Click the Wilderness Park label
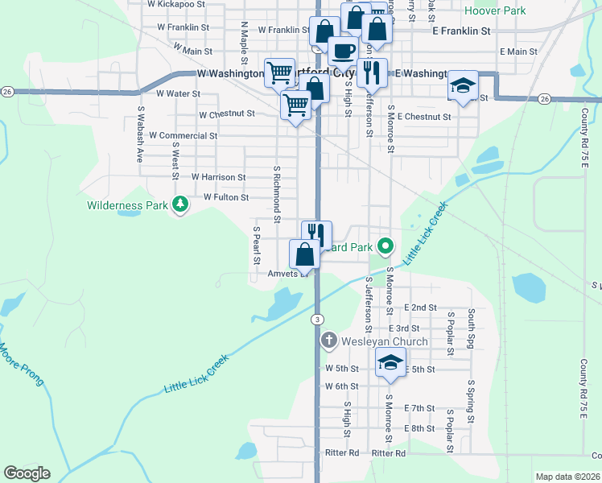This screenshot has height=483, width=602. (127, 205)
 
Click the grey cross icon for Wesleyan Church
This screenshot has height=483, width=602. (328, 342)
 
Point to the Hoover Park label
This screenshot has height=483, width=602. (496, 11)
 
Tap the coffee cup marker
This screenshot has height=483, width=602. (343, 51)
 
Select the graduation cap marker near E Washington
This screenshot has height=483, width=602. (463, 85)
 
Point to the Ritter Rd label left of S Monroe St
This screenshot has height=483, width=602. (344, 453)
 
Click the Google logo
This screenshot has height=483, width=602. (27, 473)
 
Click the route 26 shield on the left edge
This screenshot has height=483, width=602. (6, 91)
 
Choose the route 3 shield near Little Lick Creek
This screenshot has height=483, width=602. (318, 320)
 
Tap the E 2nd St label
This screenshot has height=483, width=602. (423, 308)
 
